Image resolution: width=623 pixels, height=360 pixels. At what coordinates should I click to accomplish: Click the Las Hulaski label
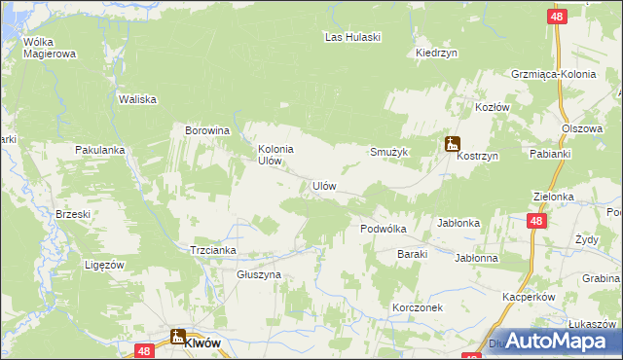pos(351,37)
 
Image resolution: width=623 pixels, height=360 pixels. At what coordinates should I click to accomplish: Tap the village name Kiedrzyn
pos(436,53)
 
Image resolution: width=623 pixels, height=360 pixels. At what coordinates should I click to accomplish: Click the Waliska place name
pos(136,99)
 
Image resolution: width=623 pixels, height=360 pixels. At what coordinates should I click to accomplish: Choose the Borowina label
pos(206,129)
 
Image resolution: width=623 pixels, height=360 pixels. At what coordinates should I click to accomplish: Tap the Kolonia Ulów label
pos(275,155)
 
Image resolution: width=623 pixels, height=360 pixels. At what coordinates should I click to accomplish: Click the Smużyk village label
pos(388,153)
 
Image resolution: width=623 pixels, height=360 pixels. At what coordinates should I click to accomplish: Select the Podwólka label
pos(383,229)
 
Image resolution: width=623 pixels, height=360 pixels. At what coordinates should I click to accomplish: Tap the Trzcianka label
pos(213,250)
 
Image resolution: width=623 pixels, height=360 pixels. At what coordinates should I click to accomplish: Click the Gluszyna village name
pos(259,275)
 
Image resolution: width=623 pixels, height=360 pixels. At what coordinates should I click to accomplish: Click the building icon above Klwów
pos(178,337)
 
